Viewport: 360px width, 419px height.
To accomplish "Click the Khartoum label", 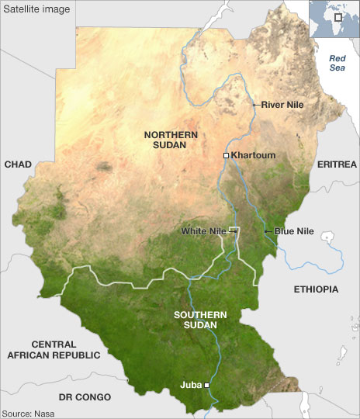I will coord(254,155).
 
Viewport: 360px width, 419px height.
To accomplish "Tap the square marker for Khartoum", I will coord(226,156).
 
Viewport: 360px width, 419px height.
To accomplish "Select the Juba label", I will coord(190,383).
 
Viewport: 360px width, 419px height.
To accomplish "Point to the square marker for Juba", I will coord(207,384).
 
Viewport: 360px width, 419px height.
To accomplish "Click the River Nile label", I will coord(282,104).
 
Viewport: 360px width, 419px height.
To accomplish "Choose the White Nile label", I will coord(203,231).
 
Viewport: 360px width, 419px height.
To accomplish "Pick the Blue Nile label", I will coord(291,231).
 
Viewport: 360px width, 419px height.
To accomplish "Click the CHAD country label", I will coord(17,164).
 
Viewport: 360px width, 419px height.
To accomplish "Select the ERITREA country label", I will coord(337,164).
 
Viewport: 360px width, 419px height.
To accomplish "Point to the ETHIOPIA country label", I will coord(317,289).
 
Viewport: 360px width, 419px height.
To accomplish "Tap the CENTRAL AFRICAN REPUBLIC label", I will coord(54,349).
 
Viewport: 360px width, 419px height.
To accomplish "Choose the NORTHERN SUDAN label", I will coord(171,140).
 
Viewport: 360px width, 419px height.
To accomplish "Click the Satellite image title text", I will coord(36,9).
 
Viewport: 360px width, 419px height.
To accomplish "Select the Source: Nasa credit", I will coord(28,413).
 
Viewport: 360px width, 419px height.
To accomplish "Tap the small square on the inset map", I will coord(337,17).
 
